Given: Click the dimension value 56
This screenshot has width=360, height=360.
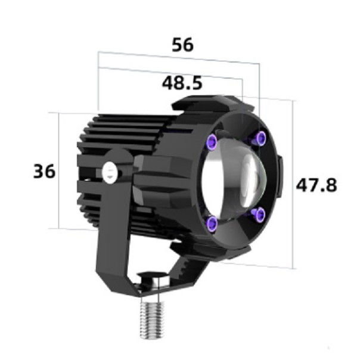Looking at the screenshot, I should click(x=182, y=45).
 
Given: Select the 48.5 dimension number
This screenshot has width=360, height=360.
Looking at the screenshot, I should click(x=182, y=82).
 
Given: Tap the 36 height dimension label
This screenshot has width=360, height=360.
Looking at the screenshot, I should click(x=44, y=172).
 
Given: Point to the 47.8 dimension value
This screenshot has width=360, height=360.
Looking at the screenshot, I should click(x=316, y=185).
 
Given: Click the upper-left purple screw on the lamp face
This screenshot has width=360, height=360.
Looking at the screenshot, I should click(x=212, y=141).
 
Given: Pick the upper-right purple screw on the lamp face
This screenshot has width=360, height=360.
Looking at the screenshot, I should click(x=260, y=138).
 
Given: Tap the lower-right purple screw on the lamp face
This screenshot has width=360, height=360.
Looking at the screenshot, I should click(x=257, y=213).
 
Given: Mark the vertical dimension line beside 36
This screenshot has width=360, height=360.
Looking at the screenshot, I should click(x=59, y=170).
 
